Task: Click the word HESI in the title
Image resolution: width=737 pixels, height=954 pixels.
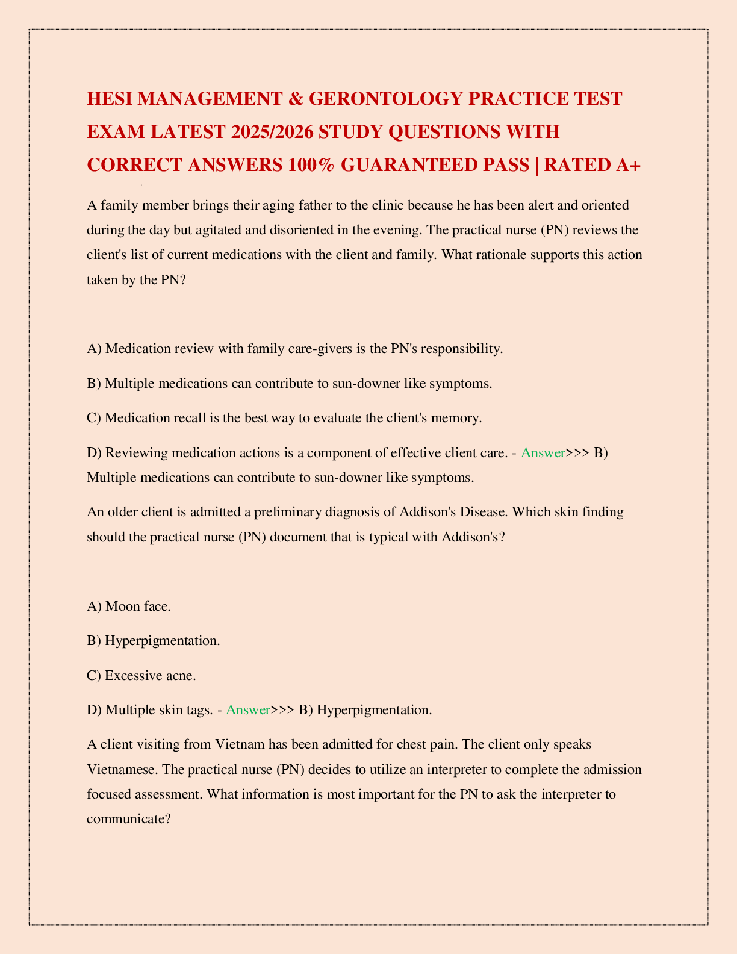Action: [109, 98]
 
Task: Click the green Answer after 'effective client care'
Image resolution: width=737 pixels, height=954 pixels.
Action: [543, 453]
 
